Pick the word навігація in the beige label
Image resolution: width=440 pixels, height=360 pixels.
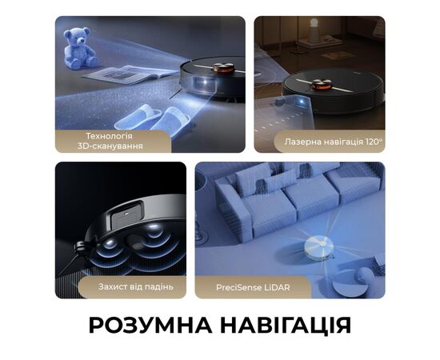coord(342,142)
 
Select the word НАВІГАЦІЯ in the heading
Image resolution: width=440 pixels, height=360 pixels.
coord(290,326)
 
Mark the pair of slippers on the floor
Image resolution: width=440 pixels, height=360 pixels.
coord(152,118)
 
